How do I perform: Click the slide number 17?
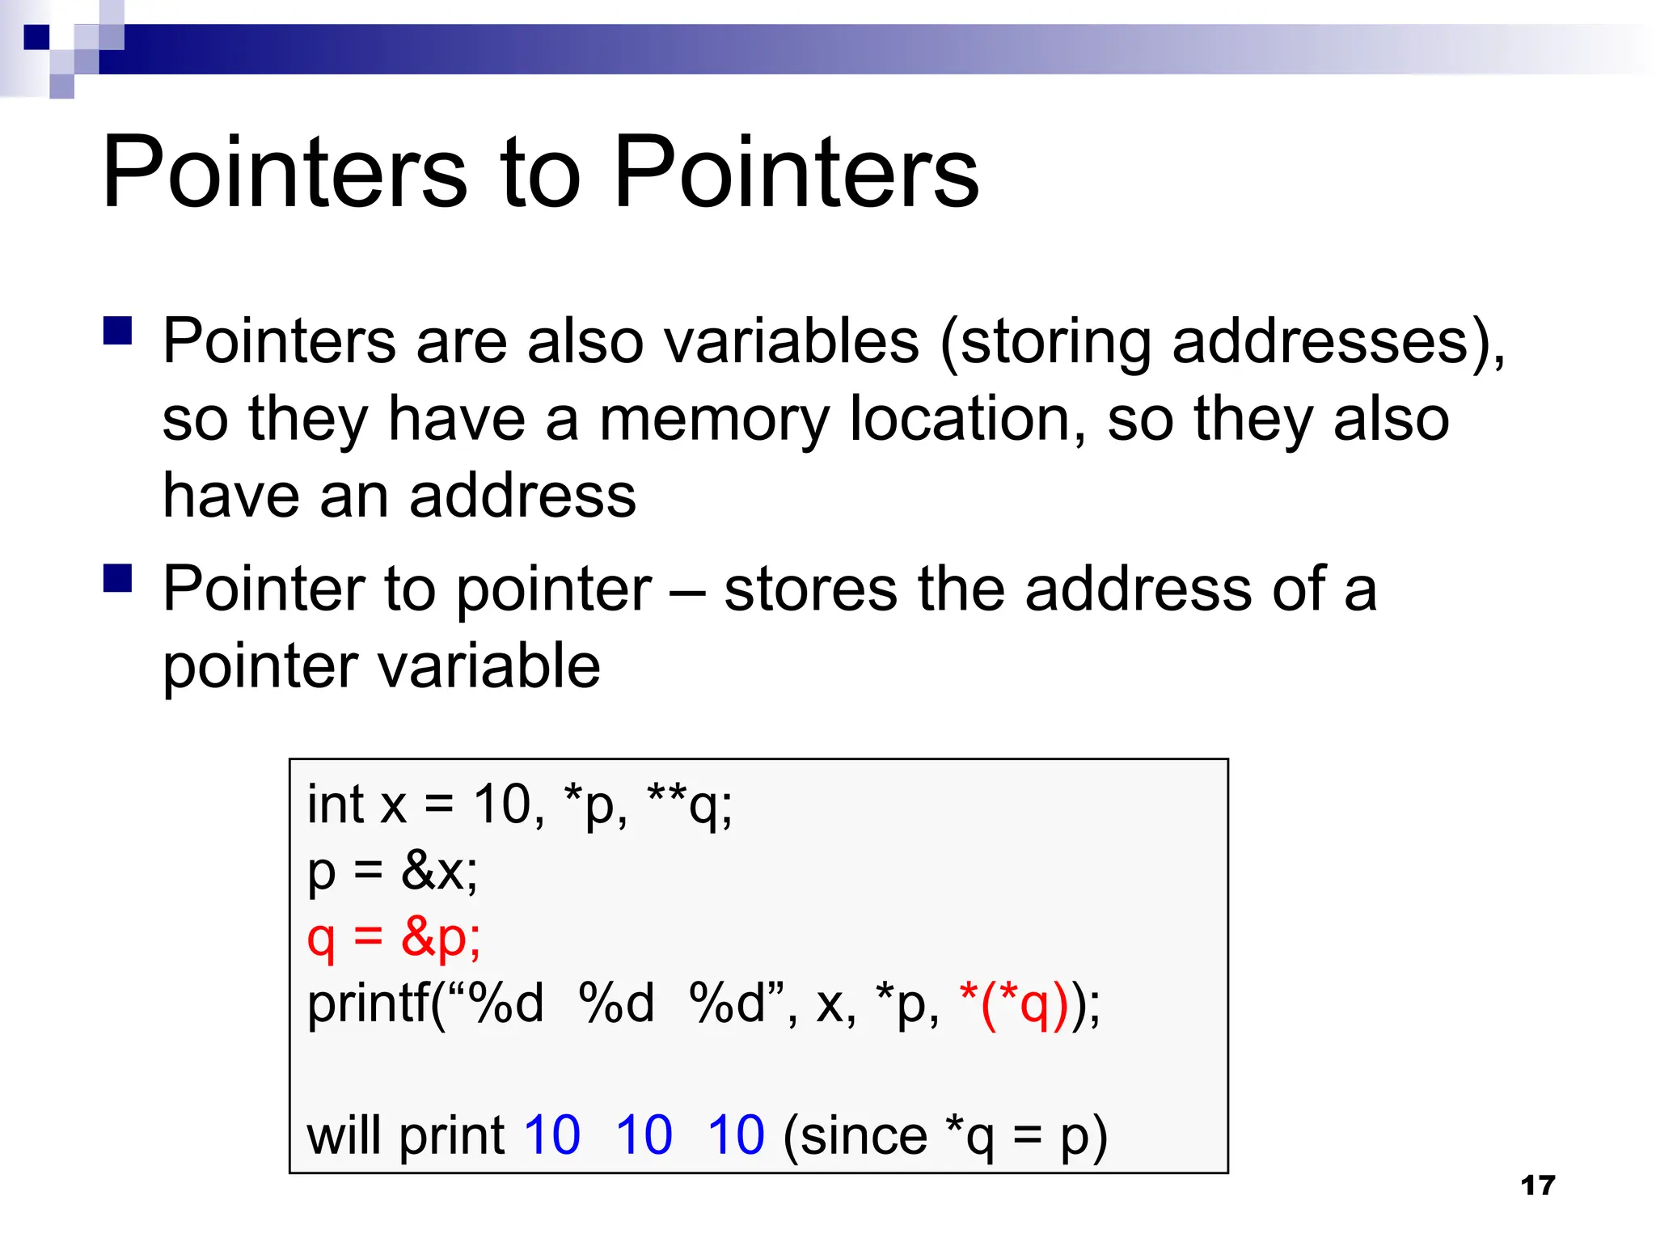1537,1185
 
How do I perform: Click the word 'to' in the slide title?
540,172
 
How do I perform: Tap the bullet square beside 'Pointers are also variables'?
118,332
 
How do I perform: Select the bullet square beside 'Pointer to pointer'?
118,579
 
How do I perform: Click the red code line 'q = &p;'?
394,938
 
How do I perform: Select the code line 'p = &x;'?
392,872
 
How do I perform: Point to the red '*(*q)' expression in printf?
1014,1004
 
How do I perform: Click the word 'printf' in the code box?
369,1004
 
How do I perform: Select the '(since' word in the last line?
855,1136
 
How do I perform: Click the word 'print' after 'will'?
452,1136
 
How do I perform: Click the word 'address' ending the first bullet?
522,496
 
